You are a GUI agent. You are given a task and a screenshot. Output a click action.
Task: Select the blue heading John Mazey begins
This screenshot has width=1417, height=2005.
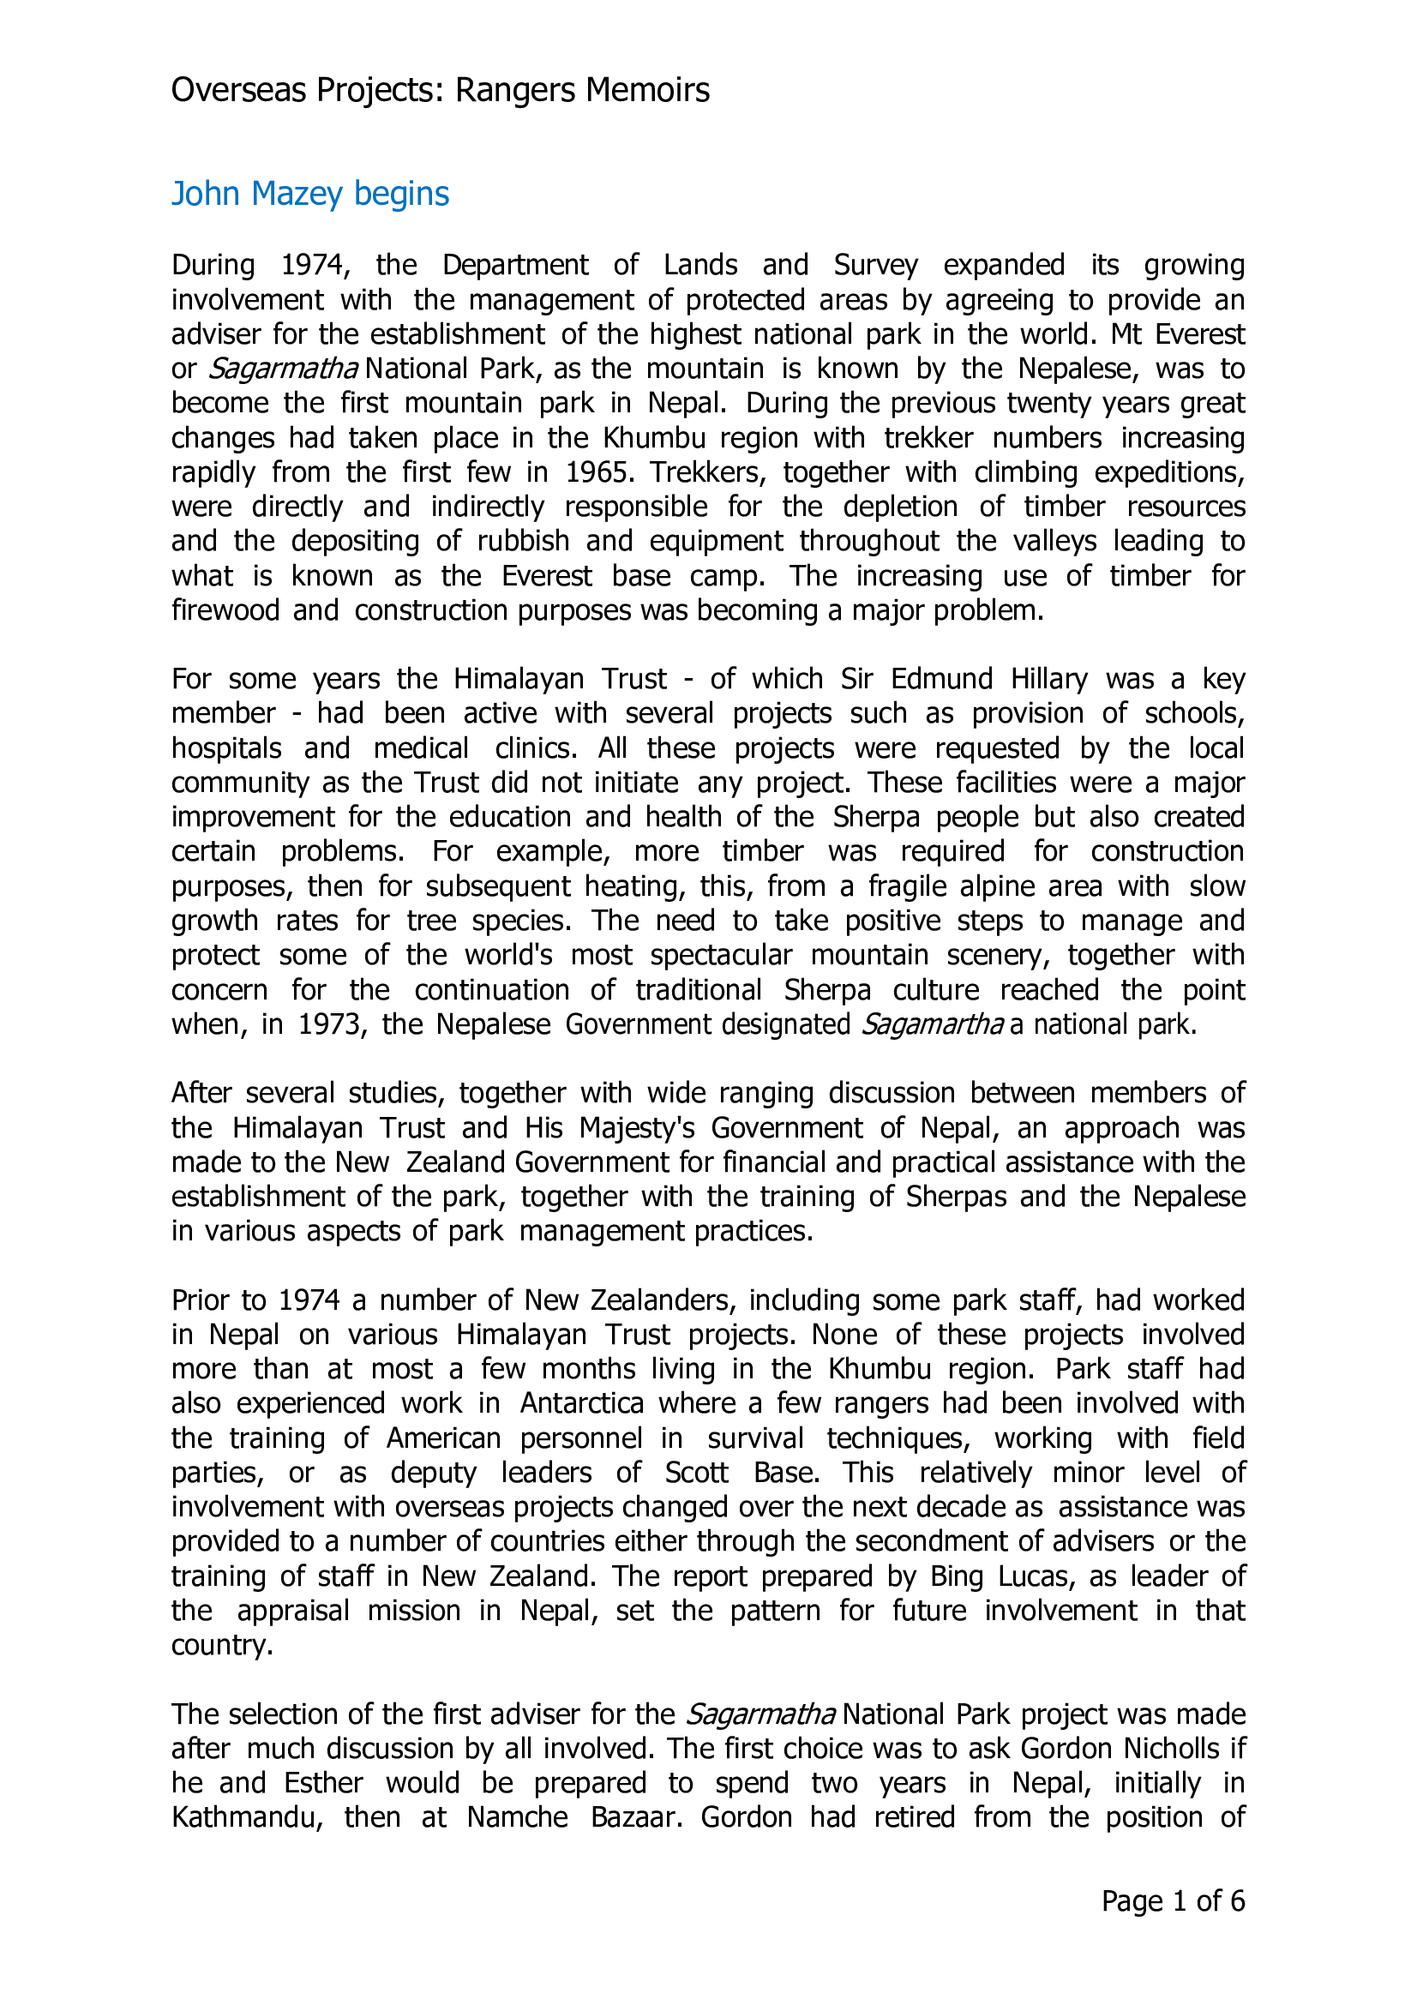pos(310,194)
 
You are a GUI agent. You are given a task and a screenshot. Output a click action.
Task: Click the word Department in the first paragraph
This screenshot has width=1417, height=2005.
pos(515,265)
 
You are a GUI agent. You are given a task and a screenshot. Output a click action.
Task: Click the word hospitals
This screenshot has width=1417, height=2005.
pos(226,748)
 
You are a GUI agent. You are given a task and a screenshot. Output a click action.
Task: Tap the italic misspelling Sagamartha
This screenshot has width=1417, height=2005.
pos(932,1024)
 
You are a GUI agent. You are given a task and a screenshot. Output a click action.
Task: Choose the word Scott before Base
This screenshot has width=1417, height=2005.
pos(696,1474)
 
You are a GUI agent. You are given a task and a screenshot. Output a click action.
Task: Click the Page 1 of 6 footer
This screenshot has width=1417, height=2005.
pos(1173,1902)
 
